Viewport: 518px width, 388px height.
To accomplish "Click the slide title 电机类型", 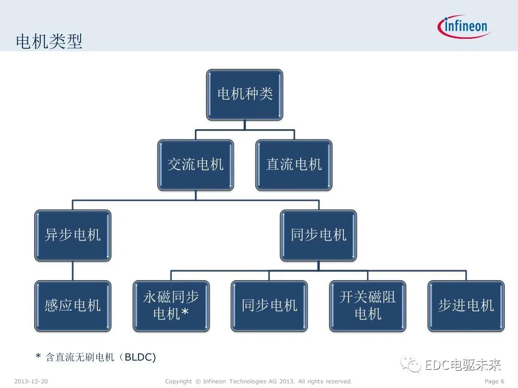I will [49, 41].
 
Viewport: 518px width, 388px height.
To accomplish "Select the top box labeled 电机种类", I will [245, 94].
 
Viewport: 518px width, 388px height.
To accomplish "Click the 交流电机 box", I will [196, 165].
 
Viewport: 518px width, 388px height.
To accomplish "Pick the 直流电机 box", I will [294, 165].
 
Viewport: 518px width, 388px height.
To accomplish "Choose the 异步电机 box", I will [73, 235].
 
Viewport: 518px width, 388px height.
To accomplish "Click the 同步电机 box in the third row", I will [318, 235].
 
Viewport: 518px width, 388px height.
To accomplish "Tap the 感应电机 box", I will [73, 306].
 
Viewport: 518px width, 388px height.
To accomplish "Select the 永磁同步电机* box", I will [171, 306].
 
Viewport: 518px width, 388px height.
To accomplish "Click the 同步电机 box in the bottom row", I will [269, 306].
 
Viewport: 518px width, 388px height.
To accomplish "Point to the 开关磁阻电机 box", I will [368, 306].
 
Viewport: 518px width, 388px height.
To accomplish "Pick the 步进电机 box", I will [466, 306].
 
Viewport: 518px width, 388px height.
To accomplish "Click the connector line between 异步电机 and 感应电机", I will [73, 271].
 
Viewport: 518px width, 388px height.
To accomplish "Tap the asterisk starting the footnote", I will [38, 357].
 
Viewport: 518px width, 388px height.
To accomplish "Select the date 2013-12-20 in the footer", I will [31, 381].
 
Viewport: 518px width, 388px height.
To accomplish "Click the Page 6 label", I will [494, 381].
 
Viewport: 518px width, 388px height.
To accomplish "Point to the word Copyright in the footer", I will [178, 381].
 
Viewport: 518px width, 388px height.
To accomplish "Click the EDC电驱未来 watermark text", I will [463, 365].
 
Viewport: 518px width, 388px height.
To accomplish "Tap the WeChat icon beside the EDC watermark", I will [413, 365].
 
